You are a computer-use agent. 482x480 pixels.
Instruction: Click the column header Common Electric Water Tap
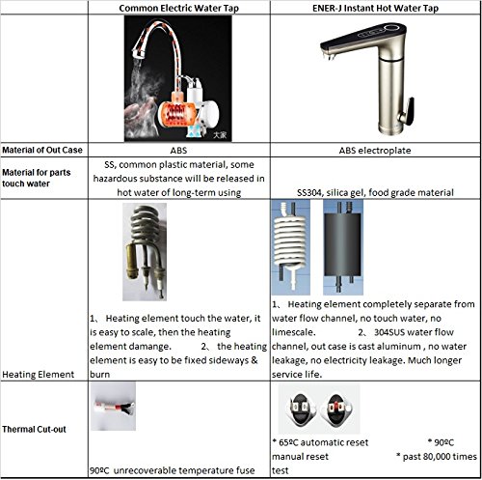(178, 8)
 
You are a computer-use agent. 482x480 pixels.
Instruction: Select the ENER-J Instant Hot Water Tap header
(375, 8)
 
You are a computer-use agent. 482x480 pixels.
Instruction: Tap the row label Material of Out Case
(42, 150)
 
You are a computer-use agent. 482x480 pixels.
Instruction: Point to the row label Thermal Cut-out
(34, 429)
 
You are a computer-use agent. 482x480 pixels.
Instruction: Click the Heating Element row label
(38, 375)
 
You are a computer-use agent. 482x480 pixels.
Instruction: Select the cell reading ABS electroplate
(375, 151)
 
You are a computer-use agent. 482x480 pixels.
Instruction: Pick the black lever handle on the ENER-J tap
(407, 112)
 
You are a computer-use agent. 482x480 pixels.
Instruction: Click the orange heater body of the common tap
(176, 113)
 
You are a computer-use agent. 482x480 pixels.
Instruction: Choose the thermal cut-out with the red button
(336, 409)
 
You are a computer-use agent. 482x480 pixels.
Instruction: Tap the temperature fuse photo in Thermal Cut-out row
(113, 407)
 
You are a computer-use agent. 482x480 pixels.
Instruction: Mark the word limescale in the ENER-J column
(293, 332)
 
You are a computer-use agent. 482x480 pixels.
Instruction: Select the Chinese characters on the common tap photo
(220, 134)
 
